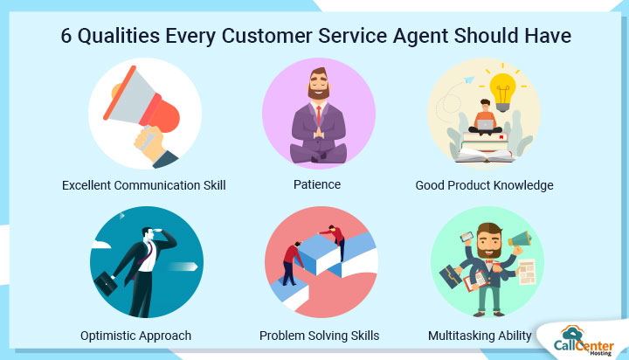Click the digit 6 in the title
(66, 36)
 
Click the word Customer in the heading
(266, 36)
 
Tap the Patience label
(317, 184)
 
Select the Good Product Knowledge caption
(484, 185)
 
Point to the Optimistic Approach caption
(135, 336)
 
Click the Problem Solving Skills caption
(320, 336)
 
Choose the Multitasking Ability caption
(480, 336)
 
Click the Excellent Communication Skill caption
(143, 185)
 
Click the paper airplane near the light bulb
(468, 80)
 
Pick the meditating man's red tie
(319, 115)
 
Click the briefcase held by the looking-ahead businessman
(106, 284)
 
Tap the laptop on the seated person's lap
(486, 125)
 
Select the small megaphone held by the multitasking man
(520, 239)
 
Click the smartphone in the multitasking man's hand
(467, 238)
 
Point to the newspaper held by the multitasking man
(527, 272)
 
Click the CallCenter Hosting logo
(584, 341)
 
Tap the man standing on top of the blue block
(335, 241)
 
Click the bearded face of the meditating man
(319, 84)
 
